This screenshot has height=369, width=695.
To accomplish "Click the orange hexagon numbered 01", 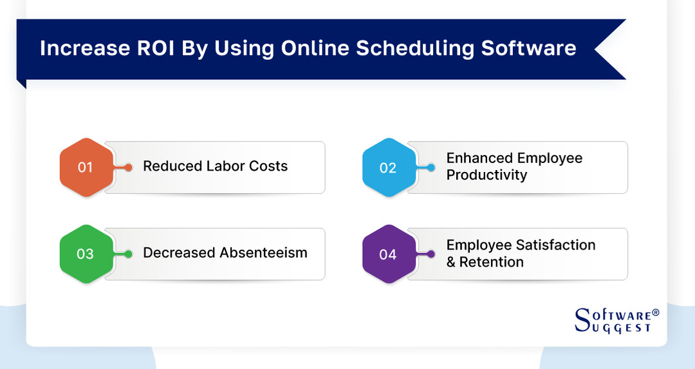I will pos(86,167).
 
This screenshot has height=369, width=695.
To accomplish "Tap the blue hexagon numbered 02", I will pos(388,167).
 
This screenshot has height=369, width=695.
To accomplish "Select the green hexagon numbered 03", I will pos(86,254).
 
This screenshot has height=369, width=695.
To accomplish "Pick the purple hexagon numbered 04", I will pos(388,254).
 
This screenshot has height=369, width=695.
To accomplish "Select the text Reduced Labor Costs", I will pos(215,166).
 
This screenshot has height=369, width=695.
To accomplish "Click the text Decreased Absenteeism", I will pos(225,252).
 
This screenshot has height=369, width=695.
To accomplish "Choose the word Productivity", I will pos(486,175).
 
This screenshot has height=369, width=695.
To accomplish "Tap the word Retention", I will pos(492,262).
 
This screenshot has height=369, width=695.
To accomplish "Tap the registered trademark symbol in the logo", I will pos(656,312).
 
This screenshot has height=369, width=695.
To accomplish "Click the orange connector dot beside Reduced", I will pos(129,167).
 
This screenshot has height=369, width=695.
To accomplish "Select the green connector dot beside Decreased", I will pos(129,254).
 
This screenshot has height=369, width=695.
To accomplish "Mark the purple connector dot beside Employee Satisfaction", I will pos(432,254).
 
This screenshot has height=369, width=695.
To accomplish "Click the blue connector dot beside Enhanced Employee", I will pos(432,167).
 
